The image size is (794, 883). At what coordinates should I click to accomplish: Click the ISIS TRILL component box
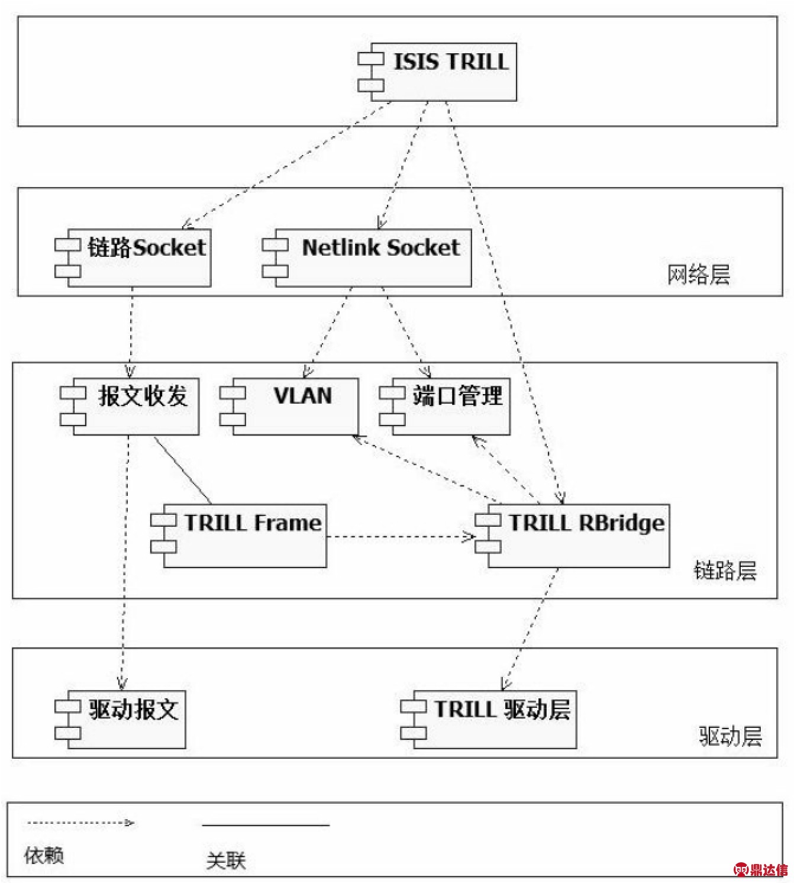coord(437,72)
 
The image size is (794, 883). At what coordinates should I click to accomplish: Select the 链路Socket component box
coord(133,258)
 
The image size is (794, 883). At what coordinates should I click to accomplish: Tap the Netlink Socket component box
coord(367,258)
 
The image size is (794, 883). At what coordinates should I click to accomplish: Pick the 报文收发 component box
coord(130,406)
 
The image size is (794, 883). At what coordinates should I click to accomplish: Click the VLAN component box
coord(289,406)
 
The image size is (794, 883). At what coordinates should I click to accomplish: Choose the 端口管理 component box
coord(444,406)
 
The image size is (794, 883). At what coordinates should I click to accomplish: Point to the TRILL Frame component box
coord(238,536)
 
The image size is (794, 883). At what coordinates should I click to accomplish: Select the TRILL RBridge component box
coord(572,536)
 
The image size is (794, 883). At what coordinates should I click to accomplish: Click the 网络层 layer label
coord(699,275)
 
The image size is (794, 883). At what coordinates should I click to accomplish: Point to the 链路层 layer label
coord(725,571)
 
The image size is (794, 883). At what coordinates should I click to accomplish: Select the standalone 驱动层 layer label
coord(731,736)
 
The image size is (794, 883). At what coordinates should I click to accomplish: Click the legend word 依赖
coord(44,855)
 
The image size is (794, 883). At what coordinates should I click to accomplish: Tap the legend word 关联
coord(226,861)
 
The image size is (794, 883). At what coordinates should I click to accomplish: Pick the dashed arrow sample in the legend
coord(80,822)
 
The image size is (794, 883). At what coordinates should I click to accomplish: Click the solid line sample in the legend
coord(266,825)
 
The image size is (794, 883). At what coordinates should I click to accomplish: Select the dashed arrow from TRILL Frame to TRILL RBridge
coord(401,536)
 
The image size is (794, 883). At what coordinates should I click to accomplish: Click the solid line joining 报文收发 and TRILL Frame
coord(183,470)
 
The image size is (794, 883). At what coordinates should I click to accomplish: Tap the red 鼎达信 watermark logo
coord(760,869)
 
